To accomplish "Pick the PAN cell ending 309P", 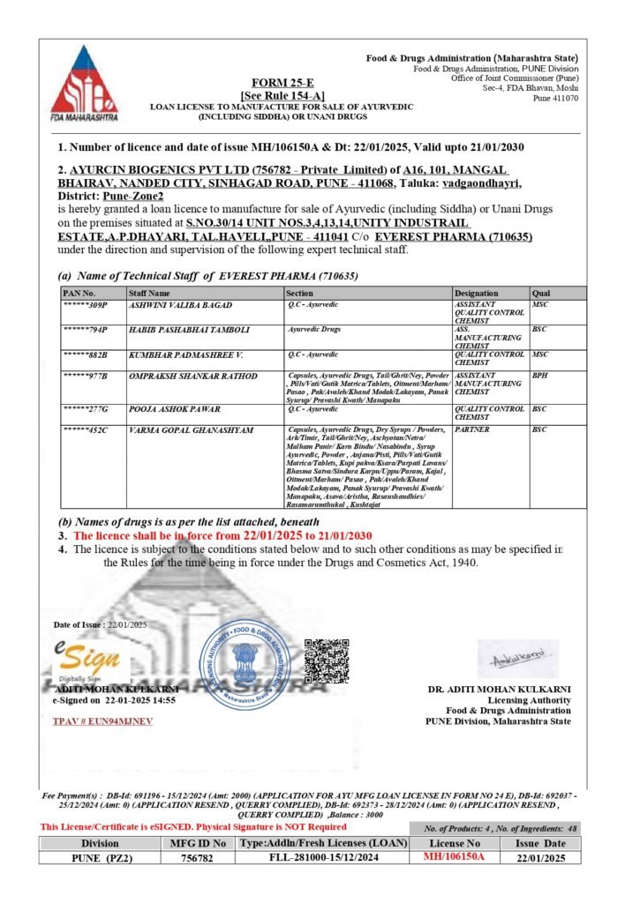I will pos(86,304).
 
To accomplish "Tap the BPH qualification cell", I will pos(540,376).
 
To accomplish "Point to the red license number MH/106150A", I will pos(455,856).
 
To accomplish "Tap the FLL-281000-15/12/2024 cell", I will pos(324,857).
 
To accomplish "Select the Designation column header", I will pos(477,293).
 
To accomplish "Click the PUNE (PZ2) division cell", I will pos(100,857).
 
